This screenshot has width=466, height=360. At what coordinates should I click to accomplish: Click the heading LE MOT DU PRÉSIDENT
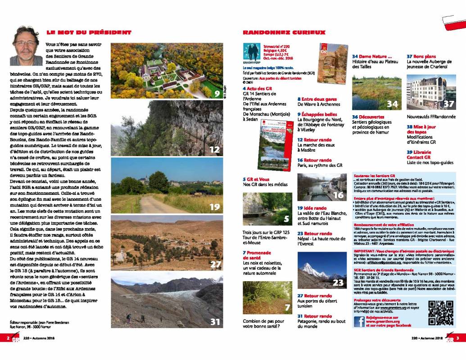(88, 32)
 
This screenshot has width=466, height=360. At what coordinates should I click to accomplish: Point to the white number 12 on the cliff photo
(215, 149)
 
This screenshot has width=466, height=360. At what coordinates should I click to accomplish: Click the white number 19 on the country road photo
(215, 207)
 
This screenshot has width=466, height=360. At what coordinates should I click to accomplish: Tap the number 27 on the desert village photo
(215, 265)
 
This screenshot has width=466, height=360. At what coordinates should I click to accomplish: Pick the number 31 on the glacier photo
(215, 322)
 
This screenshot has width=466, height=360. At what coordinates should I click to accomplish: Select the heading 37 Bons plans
(421, 56)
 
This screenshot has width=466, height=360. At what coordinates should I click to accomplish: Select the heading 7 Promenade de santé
(258, 255)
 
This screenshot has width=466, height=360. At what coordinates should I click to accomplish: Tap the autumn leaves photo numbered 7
(266, 297)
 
